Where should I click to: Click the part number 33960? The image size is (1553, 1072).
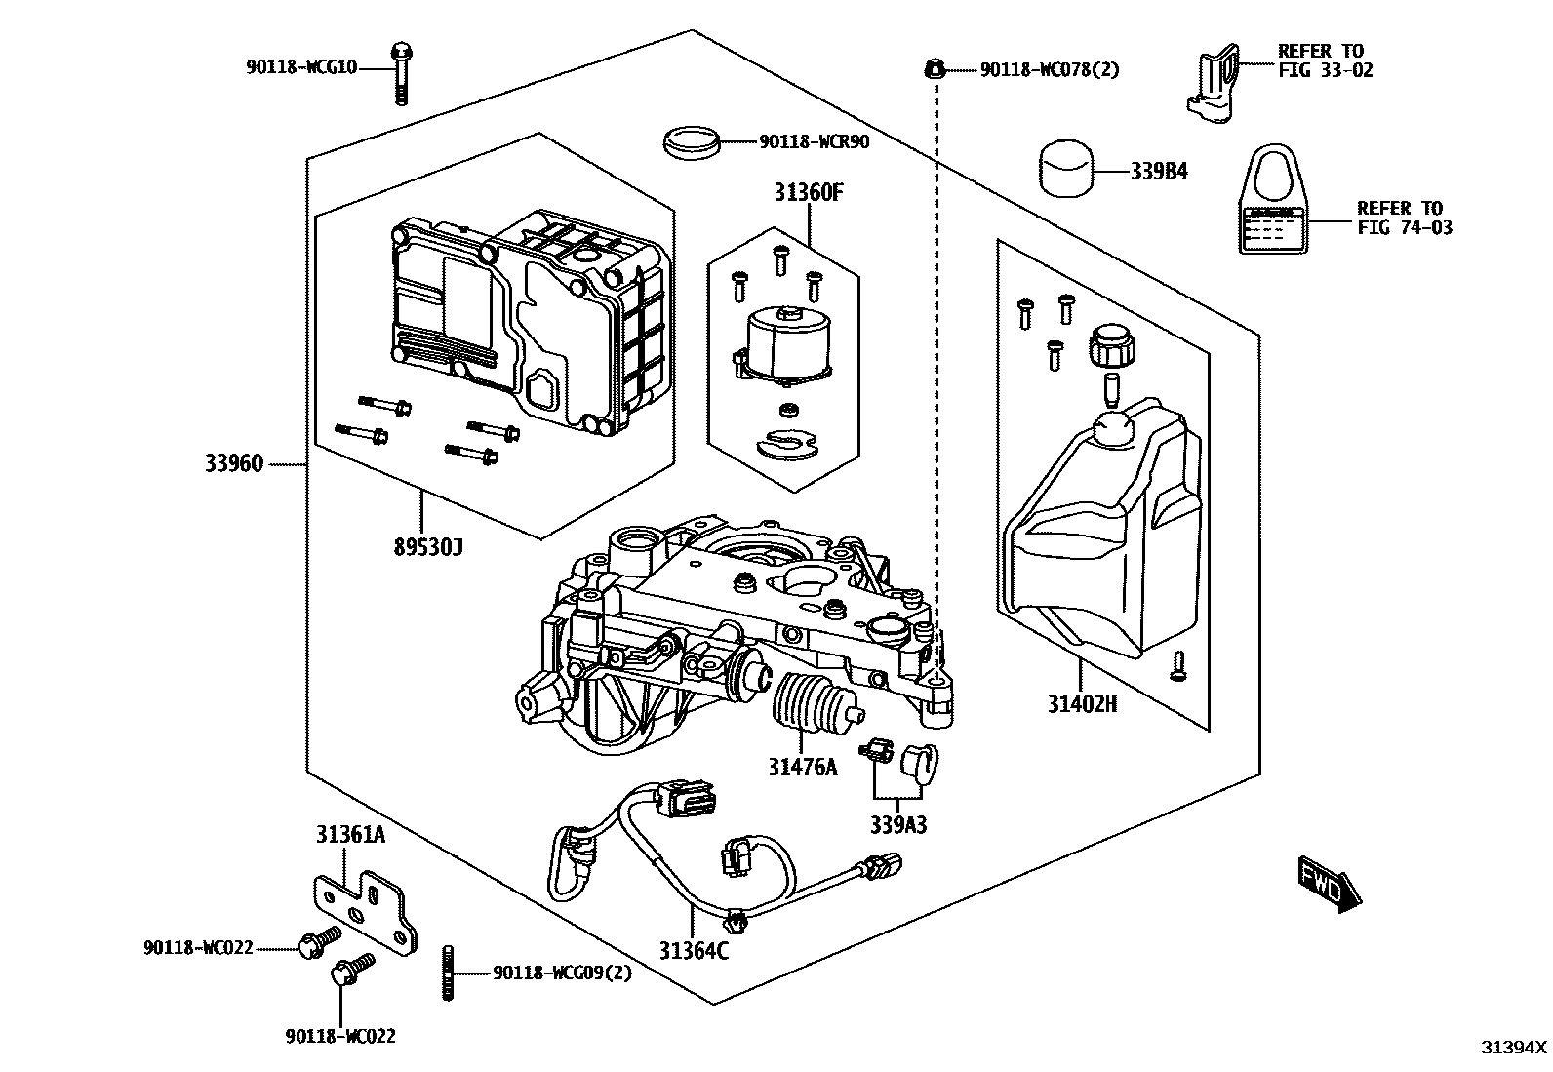(x=234, y=464)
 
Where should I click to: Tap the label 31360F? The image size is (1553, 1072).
(x=809, y=193)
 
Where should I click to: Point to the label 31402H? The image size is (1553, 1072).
(x=1082, y=703)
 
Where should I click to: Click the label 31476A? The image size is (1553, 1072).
(x=802, y=767)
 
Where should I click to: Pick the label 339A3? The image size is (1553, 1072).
(x=898, y=825)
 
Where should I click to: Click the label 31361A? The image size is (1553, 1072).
(x=349, y=835)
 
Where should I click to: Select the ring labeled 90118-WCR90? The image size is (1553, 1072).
(x=692, y=142)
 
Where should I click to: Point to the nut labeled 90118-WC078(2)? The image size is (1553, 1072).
(x=934, y=68)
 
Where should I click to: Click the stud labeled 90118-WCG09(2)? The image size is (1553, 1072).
(x=451, y=973)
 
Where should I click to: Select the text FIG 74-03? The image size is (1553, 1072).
(x=1404, y=228)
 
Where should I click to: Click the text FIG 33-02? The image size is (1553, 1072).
(x=1325, y=70)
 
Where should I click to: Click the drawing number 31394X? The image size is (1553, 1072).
(x=1514, y=1048)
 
